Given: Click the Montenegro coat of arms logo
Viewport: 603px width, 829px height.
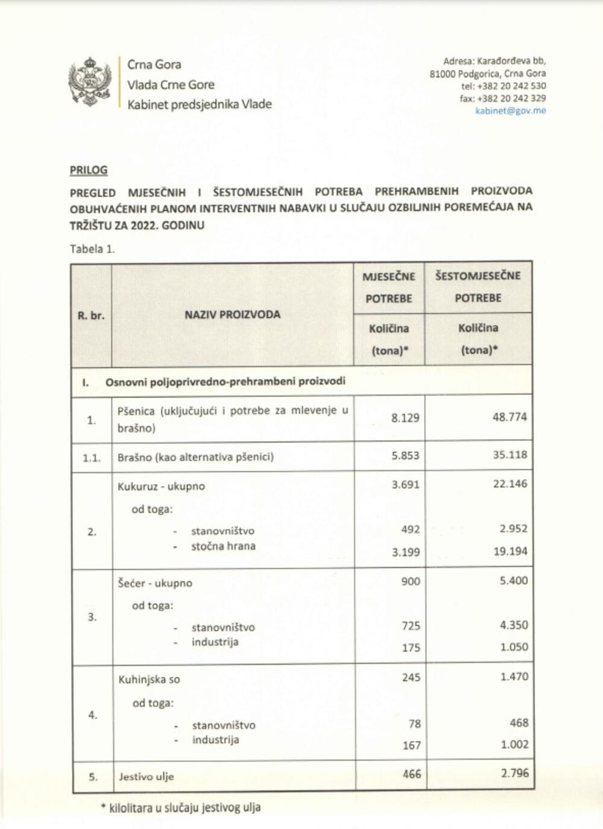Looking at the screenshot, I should pos(90,83).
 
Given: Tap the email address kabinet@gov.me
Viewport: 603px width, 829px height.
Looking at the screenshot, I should pos(510,111).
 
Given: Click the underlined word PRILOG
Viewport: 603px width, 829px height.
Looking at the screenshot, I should pos(89,170).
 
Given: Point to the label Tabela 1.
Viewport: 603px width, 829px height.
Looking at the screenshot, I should pos(92,249).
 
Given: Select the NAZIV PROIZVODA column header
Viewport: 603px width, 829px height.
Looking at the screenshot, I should pos(232,314).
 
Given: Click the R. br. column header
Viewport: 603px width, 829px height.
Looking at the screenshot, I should pos(91,314).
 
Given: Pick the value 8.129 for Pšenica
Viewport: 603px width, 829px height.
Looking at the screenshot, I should pos(405,418).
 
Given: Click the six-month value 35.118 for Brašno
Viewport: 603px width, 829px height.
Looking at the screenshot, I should pos(510,455).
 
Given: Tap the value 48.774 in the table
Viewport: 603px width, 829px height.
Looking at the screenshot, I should pos(510,417).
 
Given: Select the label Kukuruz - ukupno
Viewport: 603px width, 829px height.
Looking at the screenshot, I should pos(162,486).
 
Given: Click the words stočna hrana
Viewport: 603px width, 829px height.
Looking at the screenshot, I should pos(223,546).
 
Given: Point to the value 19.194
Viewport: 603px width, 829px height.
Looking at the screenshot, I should pos(510,551).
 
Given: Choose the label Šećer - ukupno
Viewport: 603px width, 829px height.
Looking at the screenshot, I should pos(156,583).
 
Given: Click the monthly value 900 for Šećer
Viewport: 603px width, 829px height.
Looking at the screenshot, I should pos(410,581).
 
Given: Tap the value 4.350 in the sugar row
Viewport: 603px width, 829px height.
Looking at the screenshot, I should pos(514,625).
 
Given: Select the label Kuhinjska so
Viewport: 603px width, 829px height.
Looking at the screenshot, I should pos(150,680).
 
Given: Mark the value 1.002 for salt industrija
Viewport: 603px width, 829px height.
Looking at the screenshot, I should pos(514,745).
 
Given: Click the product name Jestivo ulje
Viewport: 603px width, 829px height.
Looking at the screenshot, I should pos(147,777).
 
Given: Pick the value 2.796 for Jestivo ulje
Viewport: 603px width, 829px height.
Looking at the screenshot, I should pos(514,773).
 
